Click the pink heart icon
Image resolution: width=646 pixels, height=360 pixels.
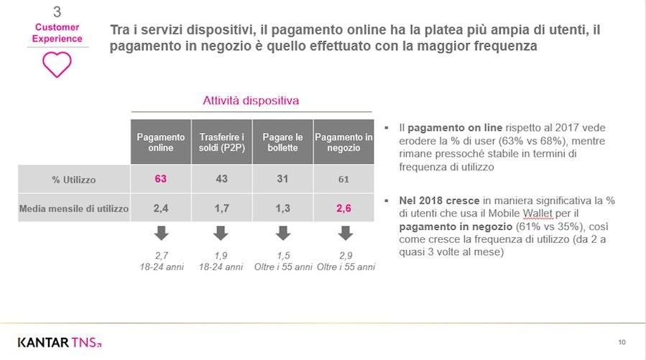point(57,64)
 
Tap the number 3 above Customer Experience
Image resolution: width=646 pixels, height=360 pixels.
point(57,12)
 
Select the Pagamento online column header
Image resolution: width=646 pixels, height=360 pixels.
point(160,142)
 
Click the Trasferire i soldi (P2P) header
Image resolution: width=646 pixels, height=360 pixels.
point(221,142)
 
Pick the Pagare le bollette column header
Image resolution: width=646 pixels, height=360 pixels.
point(282,142)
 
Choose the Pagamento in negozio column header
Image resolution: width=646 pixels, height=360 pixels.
point(343,142)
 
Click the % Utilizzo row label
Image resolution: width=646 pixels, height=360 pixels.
point(73,179)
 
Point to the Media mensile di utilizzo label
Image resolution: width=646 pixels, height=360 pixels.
point(73,209)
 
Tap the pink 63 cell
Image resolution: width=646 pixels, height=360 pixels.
point(160,179)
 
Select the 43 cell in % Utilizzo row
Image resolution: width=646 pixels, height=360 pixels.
point(221,179)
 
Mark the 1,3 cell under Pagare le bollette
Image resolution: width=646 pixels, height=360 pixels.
point(282,209)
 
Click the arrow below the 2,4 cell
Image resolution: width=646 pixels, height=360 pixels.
point(160,233)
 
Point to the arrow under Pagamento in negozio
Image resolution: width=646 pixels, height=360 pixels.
point(346,233)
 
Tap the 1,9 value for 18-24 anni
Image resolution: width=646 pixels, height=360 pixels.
point(221,256)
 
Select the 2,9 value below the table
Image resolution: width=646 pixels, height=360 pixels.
point(346,256)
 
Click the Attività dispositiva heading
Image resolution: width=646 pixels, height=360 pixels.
point(251,101)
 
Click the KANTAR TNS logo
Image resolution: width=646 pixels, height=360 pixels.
point(60,341)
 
